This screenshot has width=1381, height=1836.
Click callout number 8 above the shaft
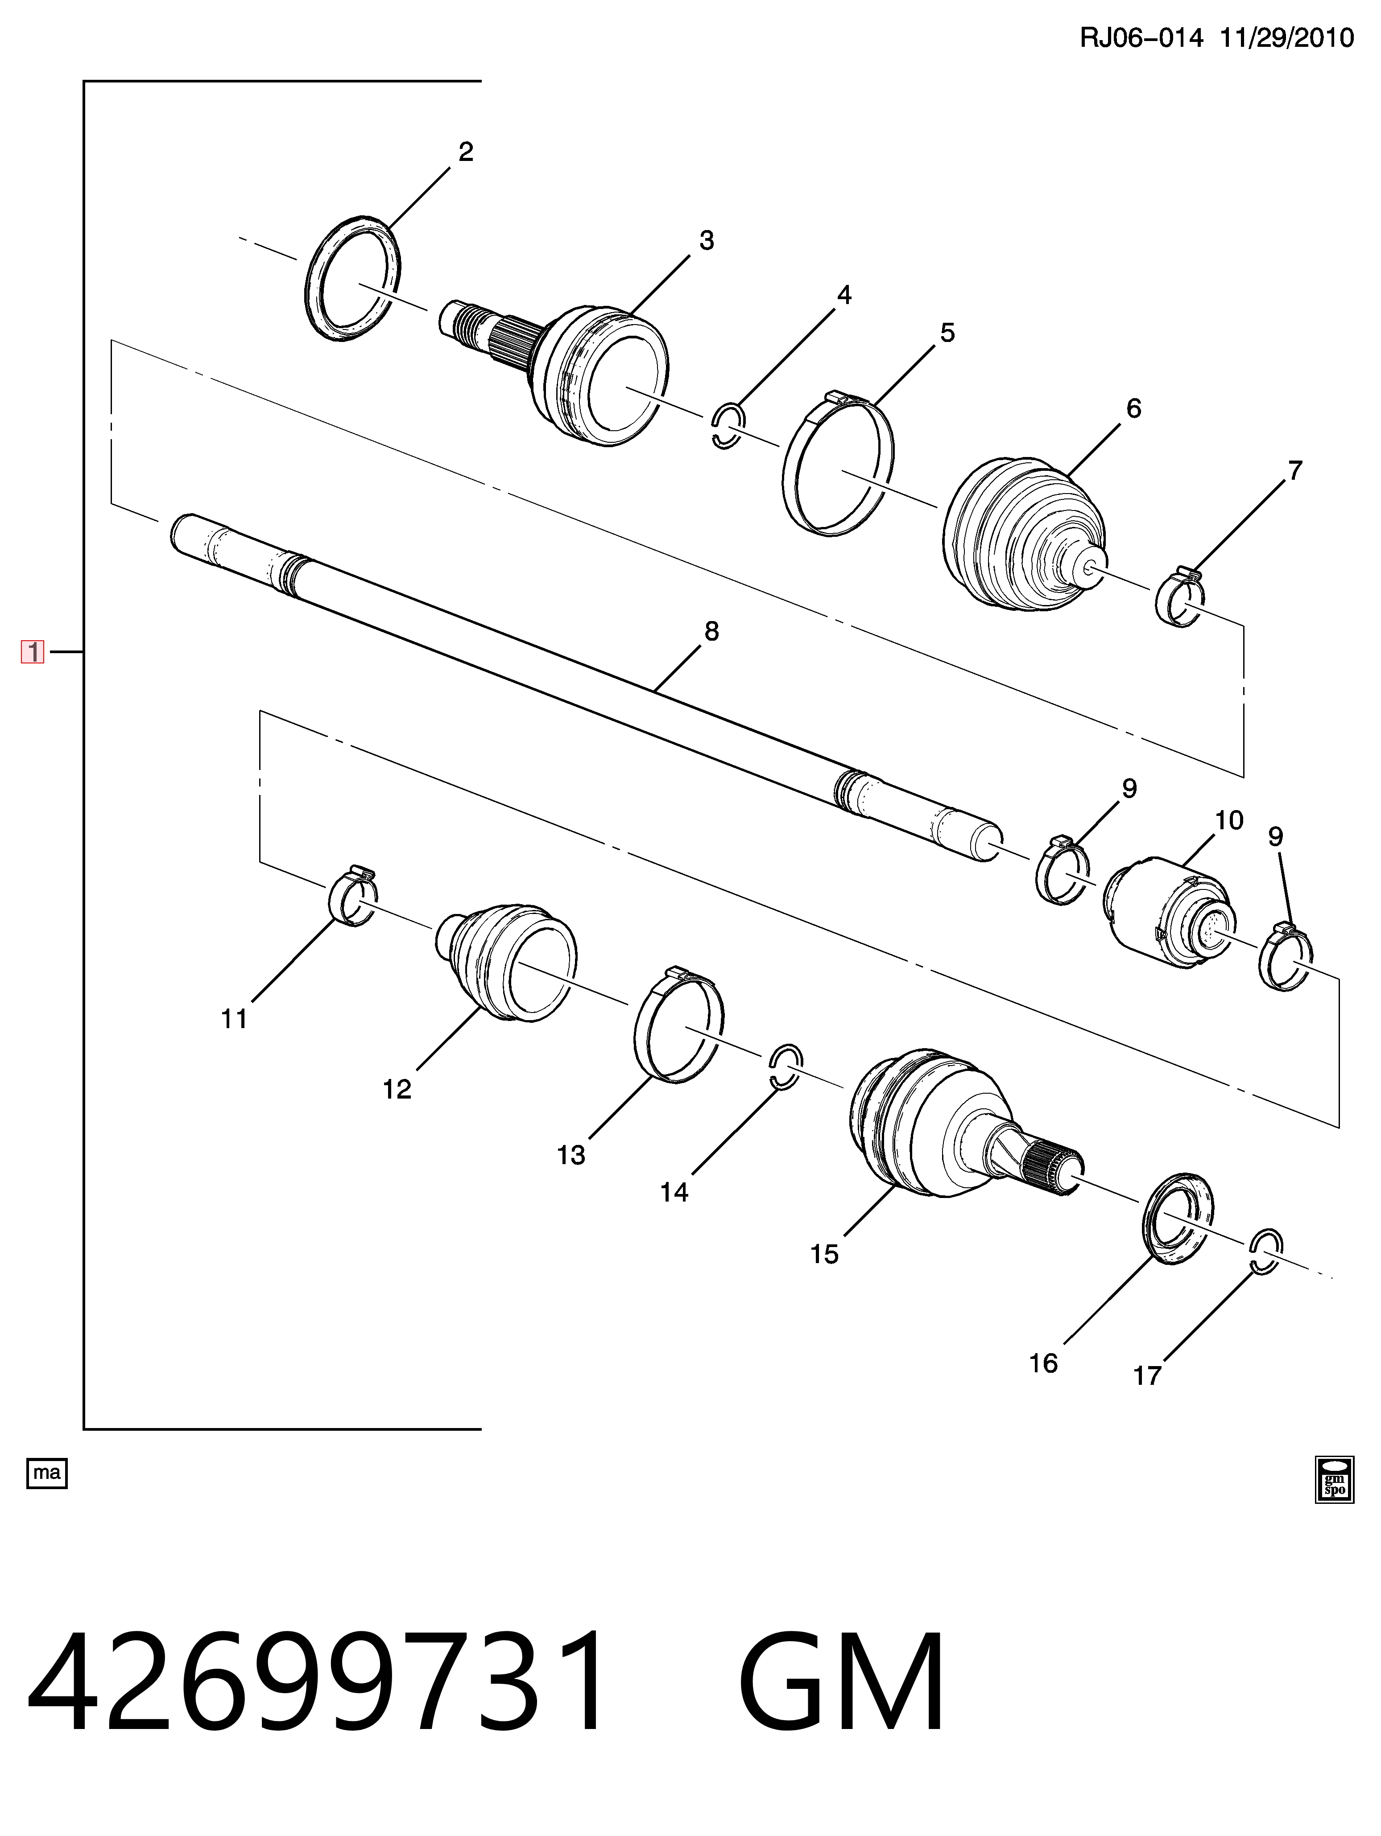pos(711,632)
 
